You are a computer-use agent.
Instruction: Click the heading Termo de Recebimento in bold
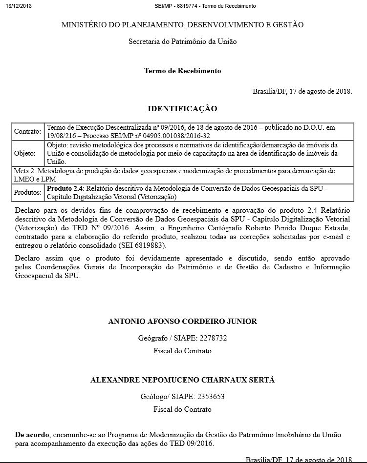(182, 71)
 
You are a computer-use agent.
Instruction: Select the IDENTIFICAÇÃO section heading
(182, 108)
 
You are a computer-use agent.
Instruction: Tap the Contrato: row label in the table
(28, 132)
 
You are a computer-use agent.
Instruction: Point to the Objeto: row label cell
(25, 153)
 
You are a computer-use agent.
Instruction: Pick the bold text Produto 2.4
(65, 188)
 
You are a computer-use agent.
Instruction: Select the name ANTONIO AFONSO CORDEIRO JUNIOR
(182, 321)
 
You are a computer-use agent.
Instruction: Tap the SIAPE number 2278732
(211, 338)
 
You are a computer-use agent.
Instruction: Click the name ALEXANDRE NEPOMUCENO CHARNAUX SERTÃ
(182, 380)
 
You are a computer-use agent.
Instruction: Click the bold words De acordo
(32, 434)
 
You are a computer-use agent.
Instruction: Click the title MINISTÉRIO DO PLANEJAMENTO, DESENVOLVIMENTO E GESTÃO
(182, 24)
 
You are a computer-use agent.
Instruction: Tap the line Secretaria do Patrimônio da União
(182, 41)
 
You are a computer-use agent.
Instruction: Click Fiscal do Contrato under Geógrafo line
(182, 350)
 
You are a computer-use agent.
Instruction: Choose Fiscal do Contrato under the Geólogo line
(182, 409)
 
